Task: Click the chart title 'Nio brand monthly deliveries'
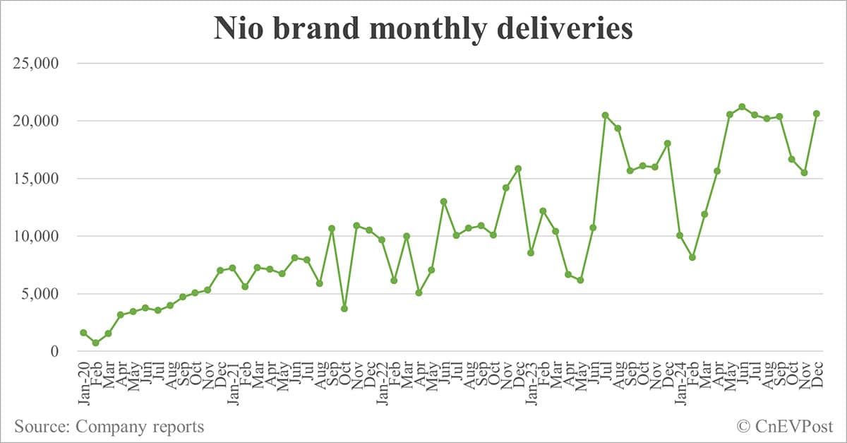click(423, 30)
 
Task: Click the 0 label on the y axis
click(62, 351)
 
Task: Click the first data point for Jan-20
click(83, 332)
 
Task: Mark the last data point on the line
click(817, 114)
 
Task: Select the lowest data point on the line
click(96, 343)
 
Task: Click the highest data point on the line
click(742, 107)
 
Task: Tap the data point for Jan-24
click(680, 235)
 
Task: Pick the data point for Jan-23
click(531, 252)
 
